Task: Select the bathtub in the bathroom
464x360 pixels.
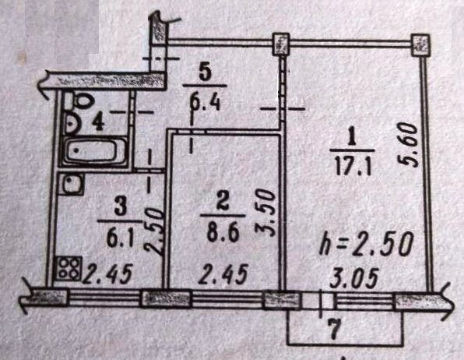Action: pos(93,151)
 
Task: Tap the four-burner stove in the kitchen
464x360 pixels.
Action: pos(69,269)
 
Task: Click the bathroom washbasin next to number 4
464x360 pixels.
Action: pos(70,123)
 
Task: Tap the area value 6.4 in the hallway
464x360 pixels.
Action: pos(205,101)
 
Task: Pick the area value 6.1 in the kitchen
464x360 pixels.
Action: pos(118,237)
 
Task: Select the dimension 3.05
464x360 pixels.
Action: pos(354,277)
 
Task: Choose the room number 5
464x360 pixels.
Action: pos(205,73)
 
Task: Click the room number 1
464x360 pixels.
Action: pos(352,138)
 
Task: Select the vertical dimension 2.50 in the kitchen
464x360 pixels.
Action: pos(153,232)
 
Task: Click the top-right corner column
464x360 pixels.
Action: pos(420,44)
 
